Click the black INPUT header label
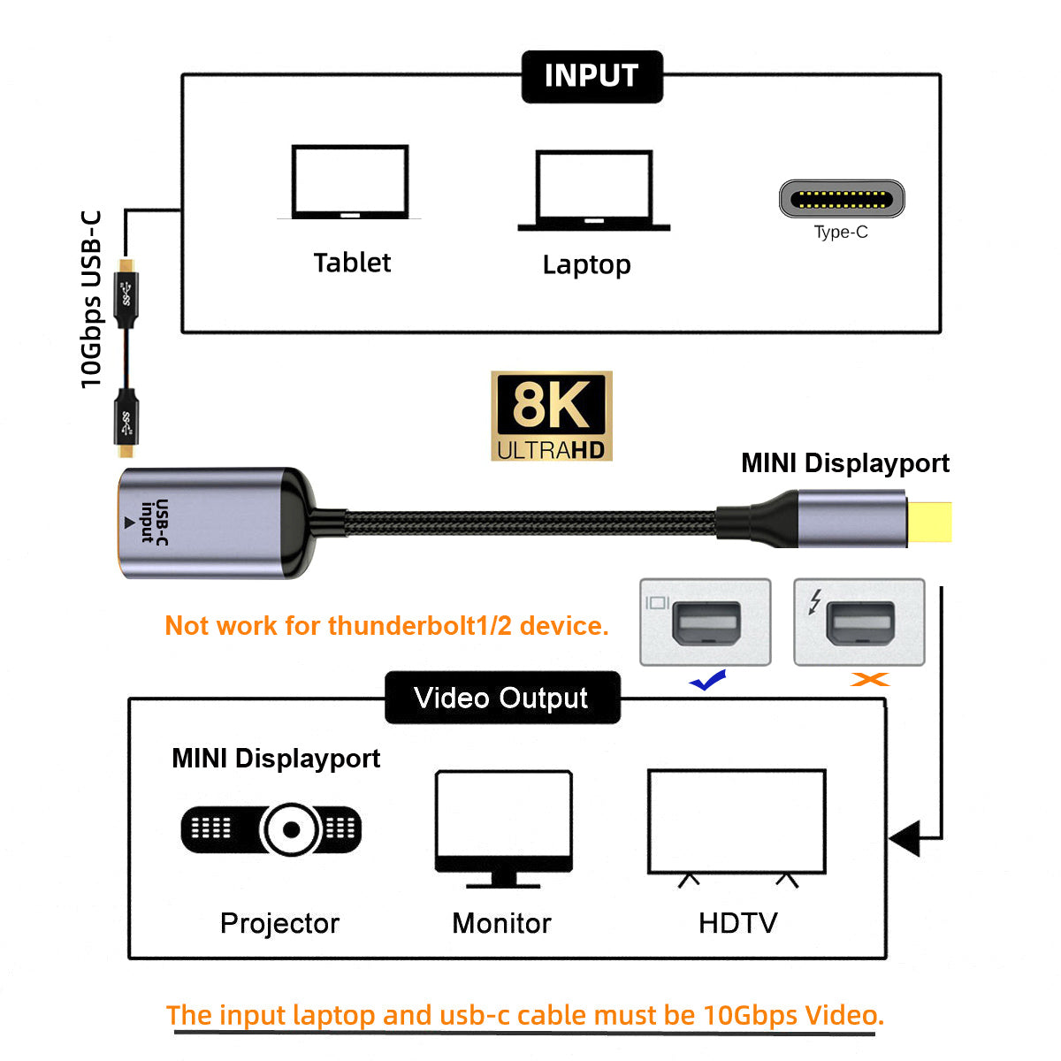(x=592, y=77)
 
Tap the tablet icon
(x=350, y=182)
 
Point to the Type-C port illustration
(x=841, y=199)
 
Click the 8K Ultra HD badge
(x=552, y=416)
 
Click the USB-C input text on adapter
(x=155, y=521)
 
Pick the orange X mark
(x=869, y=679)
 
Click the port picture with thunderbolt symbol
(x=859, y=622)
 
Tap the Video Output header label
(x=501, y=698)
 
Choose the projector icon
(x=271, y=829)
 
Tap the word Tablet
(x=352, y=263)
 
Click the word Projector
(x=279, y=923)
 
